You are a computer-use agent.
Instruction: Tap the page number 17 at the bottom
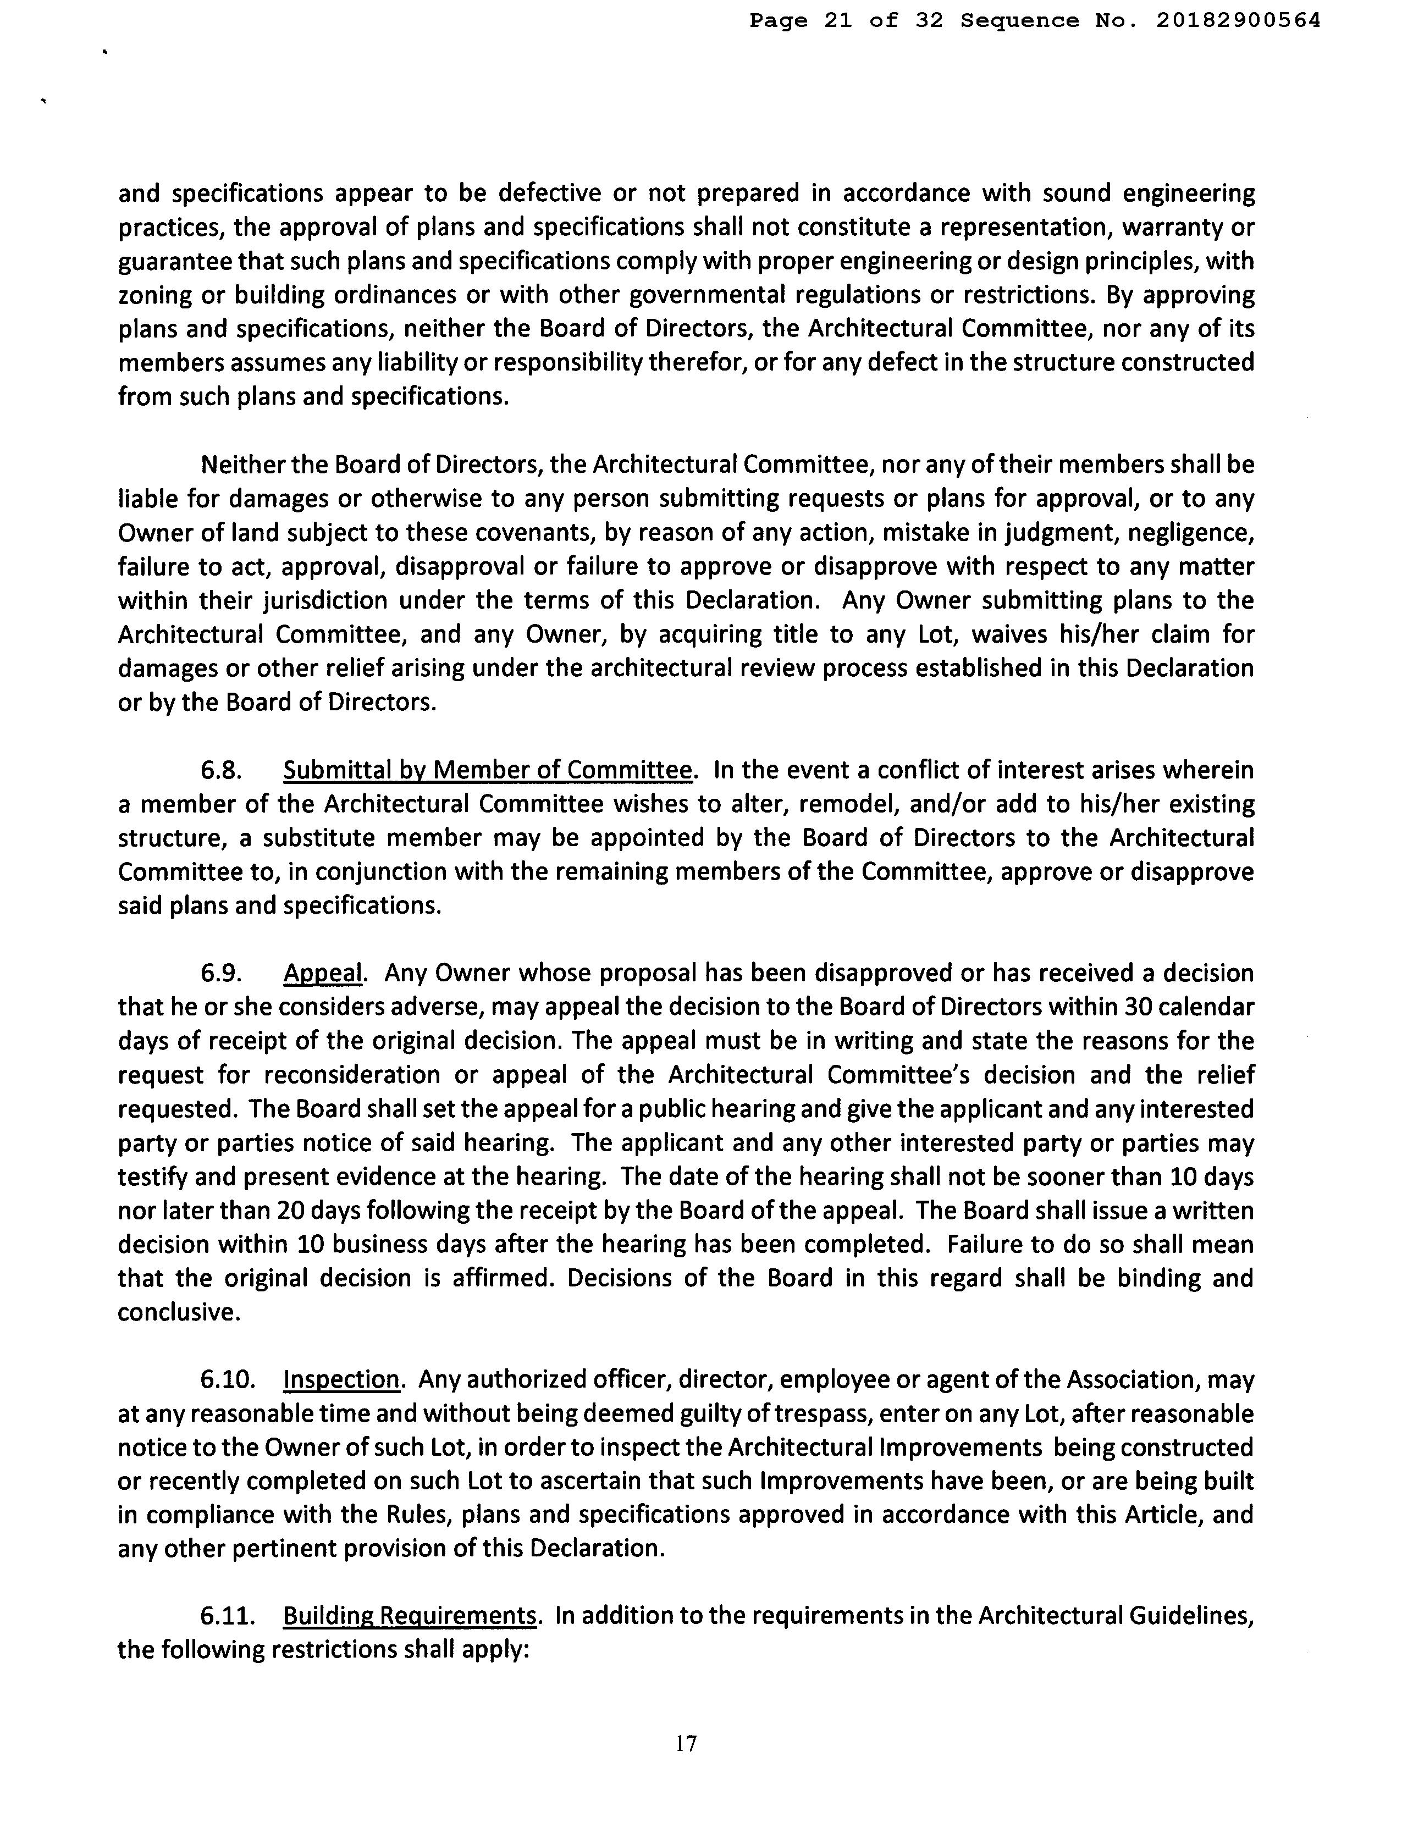click(686, 1743)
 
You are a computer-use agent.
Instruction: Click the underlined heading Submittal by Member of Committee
click(488, 770)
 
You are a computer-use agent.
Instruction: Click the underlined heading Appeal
click(323, 973)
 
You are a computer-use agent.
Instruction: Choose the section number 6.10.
click(227, 1379)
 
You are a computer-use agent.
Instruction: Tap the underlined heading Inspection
click(341, 1379)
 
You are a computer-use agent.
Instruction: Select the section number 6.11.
click(227, 1616)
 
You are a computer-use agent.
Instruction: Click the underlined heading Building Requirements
click(409, 1616)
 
